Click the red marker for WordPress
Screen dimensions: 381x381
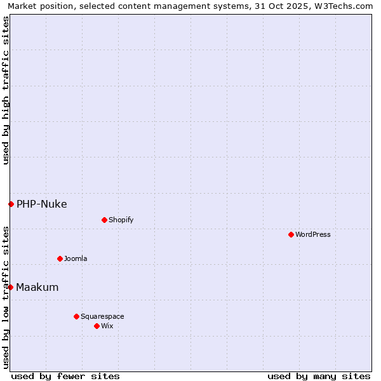(x=291, y=234)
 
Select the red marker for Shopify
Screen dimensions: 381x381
(x=104, y=220)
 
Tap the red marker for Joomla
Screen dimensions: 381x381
(x=60, y=258)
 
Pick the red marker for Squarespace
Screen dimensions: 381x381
(x=76, y=316)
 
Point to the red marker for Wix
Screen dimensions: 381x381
(x=97, y=326)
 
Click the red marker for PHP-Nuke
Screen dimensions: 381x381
(x=11, y=204)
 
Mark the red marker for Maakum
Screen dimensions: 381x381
(x=11, y=287)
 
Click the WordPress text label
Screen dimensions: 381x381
(x=313, y=234)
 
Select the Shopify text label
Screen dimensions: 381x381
(x=121, y=220)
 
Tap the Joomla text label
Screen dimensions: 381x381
(x=76, y=258)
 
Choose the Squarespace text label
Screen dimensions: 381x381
(x=102, y=316)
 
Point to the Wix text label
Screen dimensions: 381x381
(x=107, y=326)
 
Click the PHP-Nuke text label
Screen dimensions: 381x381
(x=42, y=204)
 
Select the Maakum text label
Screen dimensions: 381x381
(x=37, y=287)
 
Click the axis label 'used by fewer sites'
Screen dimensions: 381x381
(x=65, y=376)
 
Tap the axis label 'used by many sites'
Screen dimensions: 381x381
(x=319, y=376)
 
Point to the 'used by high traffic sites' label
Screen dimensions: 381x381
(x=6, y=90)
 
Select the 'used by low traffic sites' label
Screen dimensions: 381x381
(x=6, y=297)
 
